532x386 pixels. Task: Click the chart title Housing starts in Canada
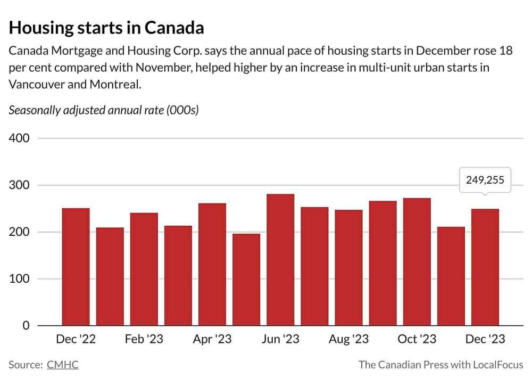pos(106,28)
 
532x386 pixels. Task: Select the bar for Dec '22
pos(76,266)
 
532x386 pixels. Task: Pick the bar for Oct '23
pos(417,261)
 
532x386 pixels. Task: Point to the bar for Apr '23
pos(212,264)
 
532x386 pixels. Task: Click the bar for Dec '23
pos(485,267)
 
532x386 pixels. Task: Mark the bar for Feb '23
pos(144,269)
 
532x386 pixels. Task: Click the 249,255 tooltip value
pos(485,180)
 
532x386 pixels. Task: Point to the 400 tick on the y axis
pos(19,138)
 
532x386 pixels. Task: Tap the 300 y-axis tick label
pos(19,185)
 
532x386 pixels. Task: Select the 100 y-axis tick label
pos(19,279)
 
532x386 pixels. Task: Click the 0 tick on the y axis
pos(26,325)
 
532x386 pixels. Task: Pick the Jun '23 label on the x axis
pos(280,340)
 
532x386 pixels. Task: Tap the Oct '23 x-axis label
pos(417,340)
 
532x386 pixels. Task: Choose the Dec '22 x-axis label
pos(76,340)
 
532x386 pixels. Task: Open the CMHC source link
pos(62,365)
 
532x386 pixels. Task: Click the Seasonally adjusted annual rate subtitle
pos(104,111)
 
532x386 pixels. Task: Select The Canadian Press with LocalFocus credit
pos(440,365)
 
